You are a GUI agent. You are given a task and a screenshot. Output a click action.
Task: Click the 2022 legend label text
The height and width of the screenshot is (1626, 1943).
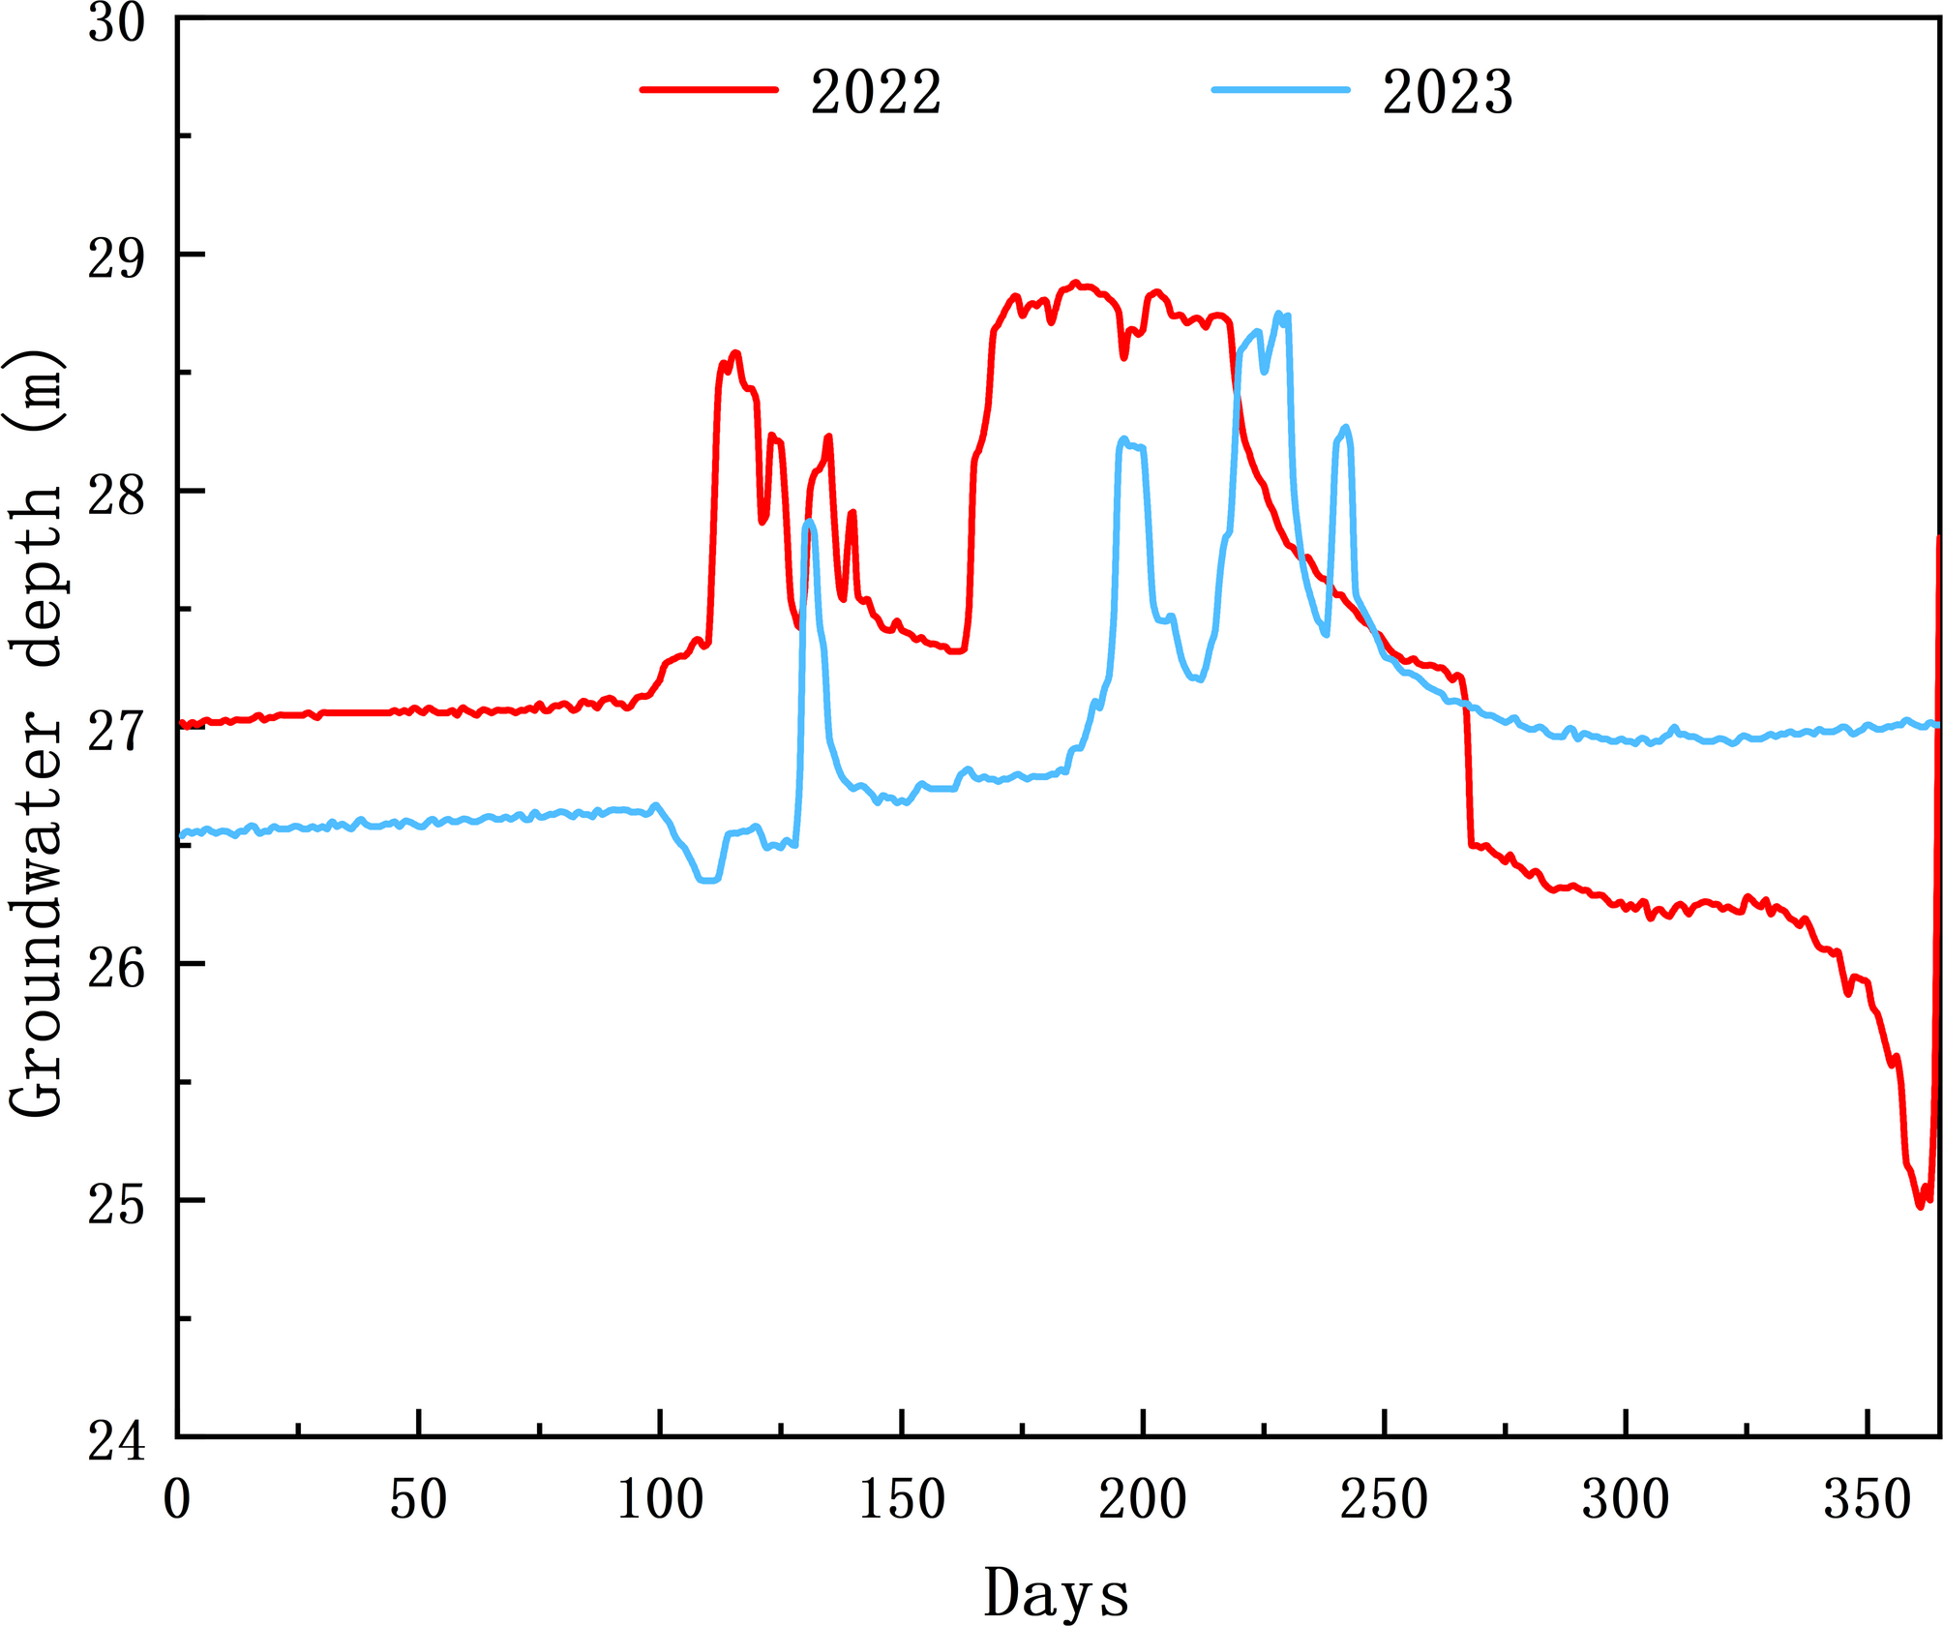pyautogui.click(x=876, y=94)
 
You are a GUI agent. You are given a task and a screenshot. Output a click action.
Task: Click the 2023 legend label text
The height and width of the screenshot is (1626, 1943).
pyautogui.click(x=1448, y=94)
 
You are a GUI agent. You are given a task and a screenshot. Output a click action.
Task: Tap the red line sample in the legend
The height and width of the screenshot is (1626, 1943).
pyautogui.click(x=708, y=89)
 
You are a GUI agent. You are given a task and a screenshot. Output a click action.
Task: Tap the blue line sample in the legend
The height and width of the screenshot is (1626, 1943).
pyautogui.click(x=1280, y=89)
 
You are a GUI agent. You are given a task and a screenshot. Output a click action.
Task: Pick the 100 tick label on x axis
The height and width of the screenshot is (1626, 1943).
pyautogui.click(x=660, y=1500)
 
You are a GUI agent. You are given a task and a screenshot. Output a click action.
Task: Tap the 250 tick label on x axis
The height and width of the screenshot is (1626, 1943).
pyautogui.click(x=1384, y=1500)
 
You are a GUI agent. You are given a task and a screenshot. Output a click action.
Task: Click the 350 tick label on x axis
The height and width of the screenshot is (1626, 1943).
pyautogui.click(x=1868, y=1500)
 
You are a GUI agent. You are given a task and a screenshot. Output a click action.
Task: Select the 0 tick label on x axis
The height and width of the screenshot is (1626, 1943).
pyautogui.click(x=177, y=1500)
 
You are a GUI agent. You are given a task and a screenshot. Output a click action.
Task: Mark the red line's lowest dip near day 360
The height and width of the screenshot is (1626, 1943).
pyautogui.click(x=1920, y=1206)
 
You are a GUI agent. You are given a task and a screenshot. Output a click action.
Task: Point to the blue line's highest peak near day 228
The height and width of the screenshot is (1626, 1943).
pyautogui.click(x=1278, y=314)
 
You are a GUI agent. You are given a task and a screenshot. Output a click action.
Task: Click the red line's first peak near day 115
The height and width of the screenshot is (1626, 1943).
pyautogui.click(x=735, y=353)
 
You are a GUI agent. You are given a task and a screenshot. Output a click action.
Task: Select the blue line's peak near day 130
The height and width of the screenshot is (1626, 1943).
pyautogui.click(x=809, y=522)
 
